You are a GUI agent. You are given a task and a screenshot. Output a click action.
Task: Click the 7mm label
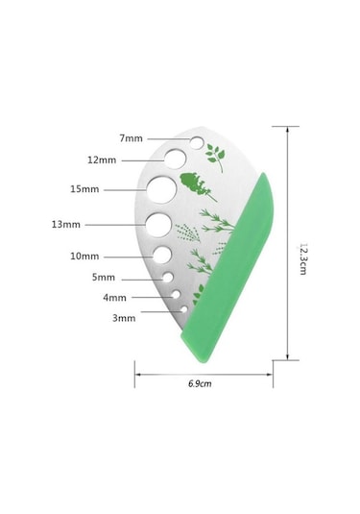coord(131,138)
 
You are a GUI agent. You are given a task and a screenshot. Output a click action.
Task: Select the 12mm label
coord(102,160)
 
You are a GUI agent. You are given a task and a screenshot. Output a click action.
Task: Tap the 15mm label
coord(84,189)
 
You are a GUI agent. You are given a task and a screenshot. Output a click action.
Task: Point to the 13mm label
coord(66,225)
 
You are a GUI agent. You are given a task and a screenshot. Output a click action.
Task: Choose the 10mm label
coord(84,256)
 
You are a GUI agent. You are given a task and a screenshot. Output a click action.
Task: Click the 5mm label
coord(104,278)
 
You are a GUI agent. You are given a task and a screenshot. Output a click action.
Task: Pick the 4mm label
coord(114,298)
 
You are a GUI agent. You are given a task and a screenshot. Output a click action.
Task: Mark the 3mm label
coord(124,318)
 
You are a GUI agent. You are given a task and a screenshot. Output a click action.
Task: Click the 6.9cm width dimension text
coord(200,383)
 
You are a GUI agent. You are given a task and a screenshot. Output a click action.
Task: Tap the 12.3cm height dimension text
coord(303,258)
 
